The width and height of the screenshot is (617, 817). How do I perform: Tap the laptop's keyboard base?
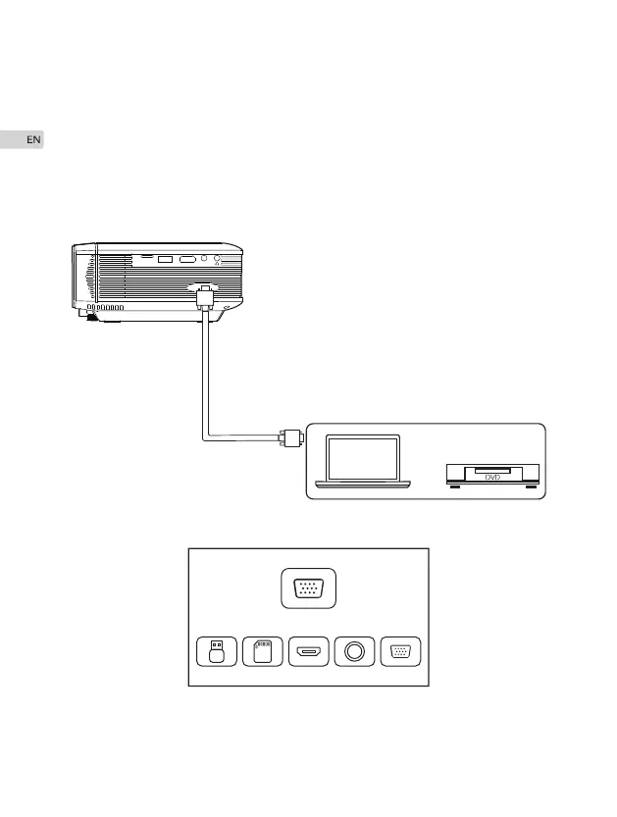[x=363, y=483]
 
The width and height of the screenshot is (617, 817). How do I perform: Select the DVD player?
[x=492, y=474]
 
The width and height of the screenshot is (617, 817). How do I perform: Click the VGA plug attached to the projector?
[x=206, y=298]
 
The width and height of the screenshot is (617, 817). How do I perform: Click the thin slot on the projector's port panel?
[x=144, y=258]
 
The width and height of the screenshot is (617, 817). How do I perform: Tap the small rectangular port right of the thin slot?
[x=165, y=260]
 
